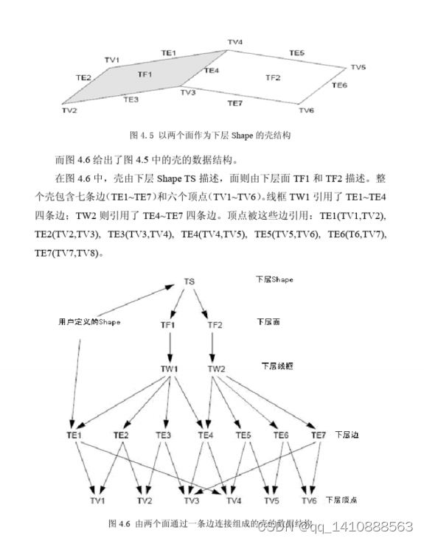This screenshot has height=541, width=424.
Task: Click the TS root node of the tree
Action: tap(189, 282)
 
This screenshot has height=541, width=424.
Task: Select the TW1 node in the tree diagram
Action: tap(170, 369)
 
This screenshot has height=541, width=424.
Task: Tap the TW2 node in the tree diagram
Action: tap(216, 369)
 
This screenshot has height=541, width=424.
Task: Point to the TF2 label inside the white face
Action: tap(272, 77)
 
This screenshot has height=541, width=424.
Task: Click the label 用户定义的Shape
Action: tap(89, 322)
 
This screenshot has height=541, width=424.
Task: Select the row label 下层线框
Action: tap(277, 365)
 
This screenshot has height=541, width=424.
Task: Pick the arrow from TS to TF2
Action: tap(204, 302)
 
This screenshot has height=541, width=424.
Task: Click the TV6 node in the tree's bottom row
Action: tap(309, 500)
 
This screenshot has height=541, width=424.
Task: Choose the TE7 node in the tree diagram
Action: tap(319, 435)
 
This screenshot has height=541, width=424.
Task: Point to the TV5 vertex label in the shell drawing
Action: tap(358, 68)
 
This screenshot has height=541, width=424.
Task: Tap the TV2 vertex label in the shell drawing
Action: tap(69, 111)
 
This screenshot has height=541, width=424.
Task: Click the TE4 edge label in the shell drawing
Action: tap(212, 71)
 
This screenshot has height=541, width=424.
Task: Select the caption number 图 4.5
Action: tap(139, 136)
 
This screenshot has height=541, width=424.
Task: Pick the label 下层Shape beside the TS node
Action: tap(275, 280)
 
